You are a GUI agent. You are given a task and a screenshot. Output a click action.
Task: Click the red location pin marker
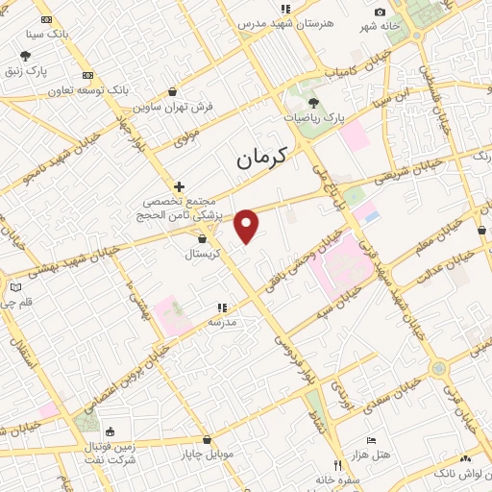point(247,225)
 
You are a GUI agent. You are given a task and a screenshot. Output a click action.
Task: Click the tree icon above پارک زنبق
point(25,56)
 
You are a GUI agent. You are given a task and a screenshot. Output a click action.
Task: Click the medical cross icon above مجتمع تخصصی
point(179,186)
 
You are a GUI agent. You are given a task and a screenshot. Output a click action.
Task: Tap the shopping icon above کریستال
point(202,238)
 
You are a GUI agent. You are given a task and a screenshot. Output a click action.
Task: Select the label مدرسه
point(223,323)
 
